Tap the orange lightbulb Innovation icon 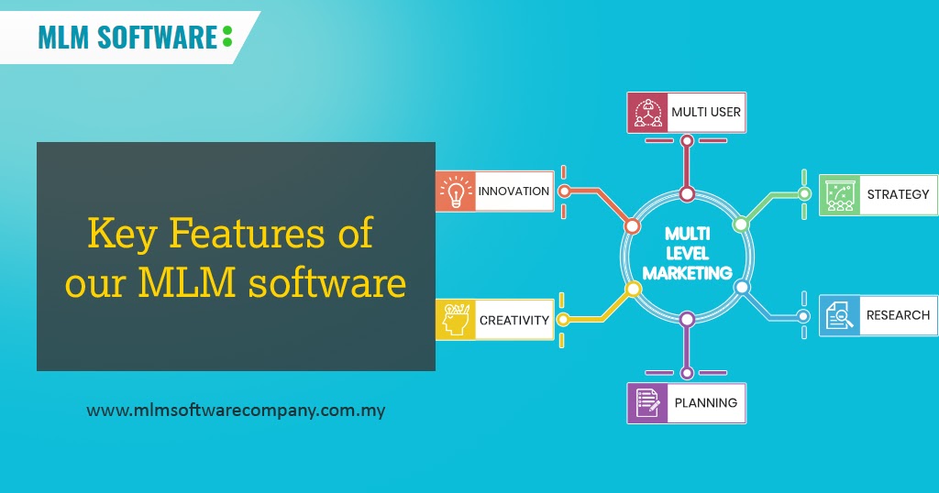click(455, 192)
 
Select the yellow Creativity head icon click(455, 320)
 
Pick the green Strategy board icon click(838, 194)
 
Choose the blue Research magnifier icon click(838, 315)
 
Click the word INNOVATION click(514, 192)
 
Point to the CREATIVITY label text click(514, 321)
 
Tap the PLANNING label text click(705, 402)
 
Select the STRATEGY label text click(898, 194)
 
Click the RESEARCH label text click(898, 315)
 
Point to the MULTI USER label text click(705, 112)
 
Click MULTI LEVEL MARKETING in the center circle click(687, 255)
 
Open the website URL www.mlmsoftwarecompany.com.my click(236, 411)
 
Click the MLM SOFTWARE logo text click(127, 38)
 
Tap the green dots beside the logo click(226, 37)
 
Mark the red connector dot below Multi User click(687, 193)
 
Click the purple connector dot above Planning click(687, 319)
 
